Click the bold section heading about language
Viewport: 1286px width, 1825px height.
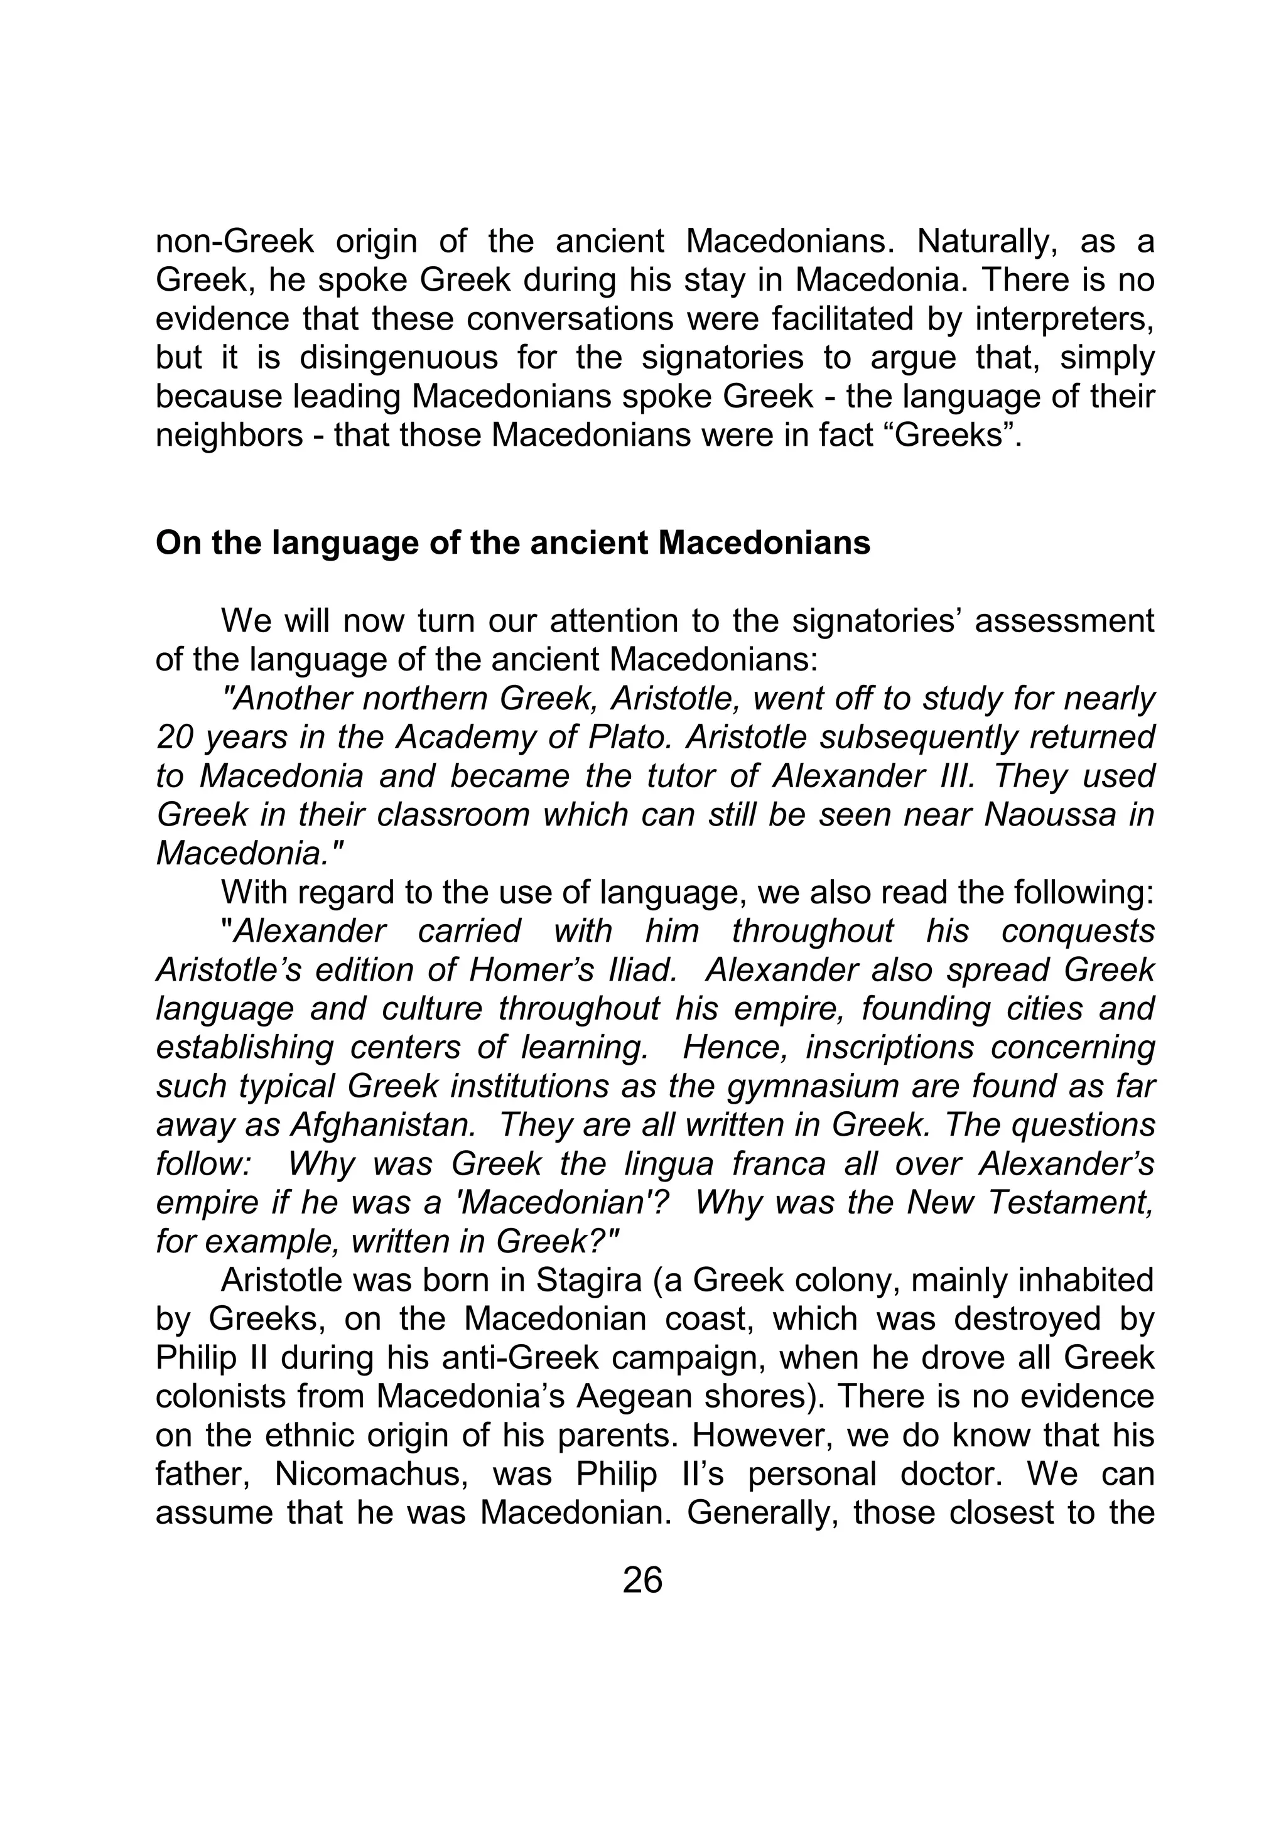512,544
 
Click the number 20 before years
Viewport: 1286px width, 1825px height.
174,738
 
